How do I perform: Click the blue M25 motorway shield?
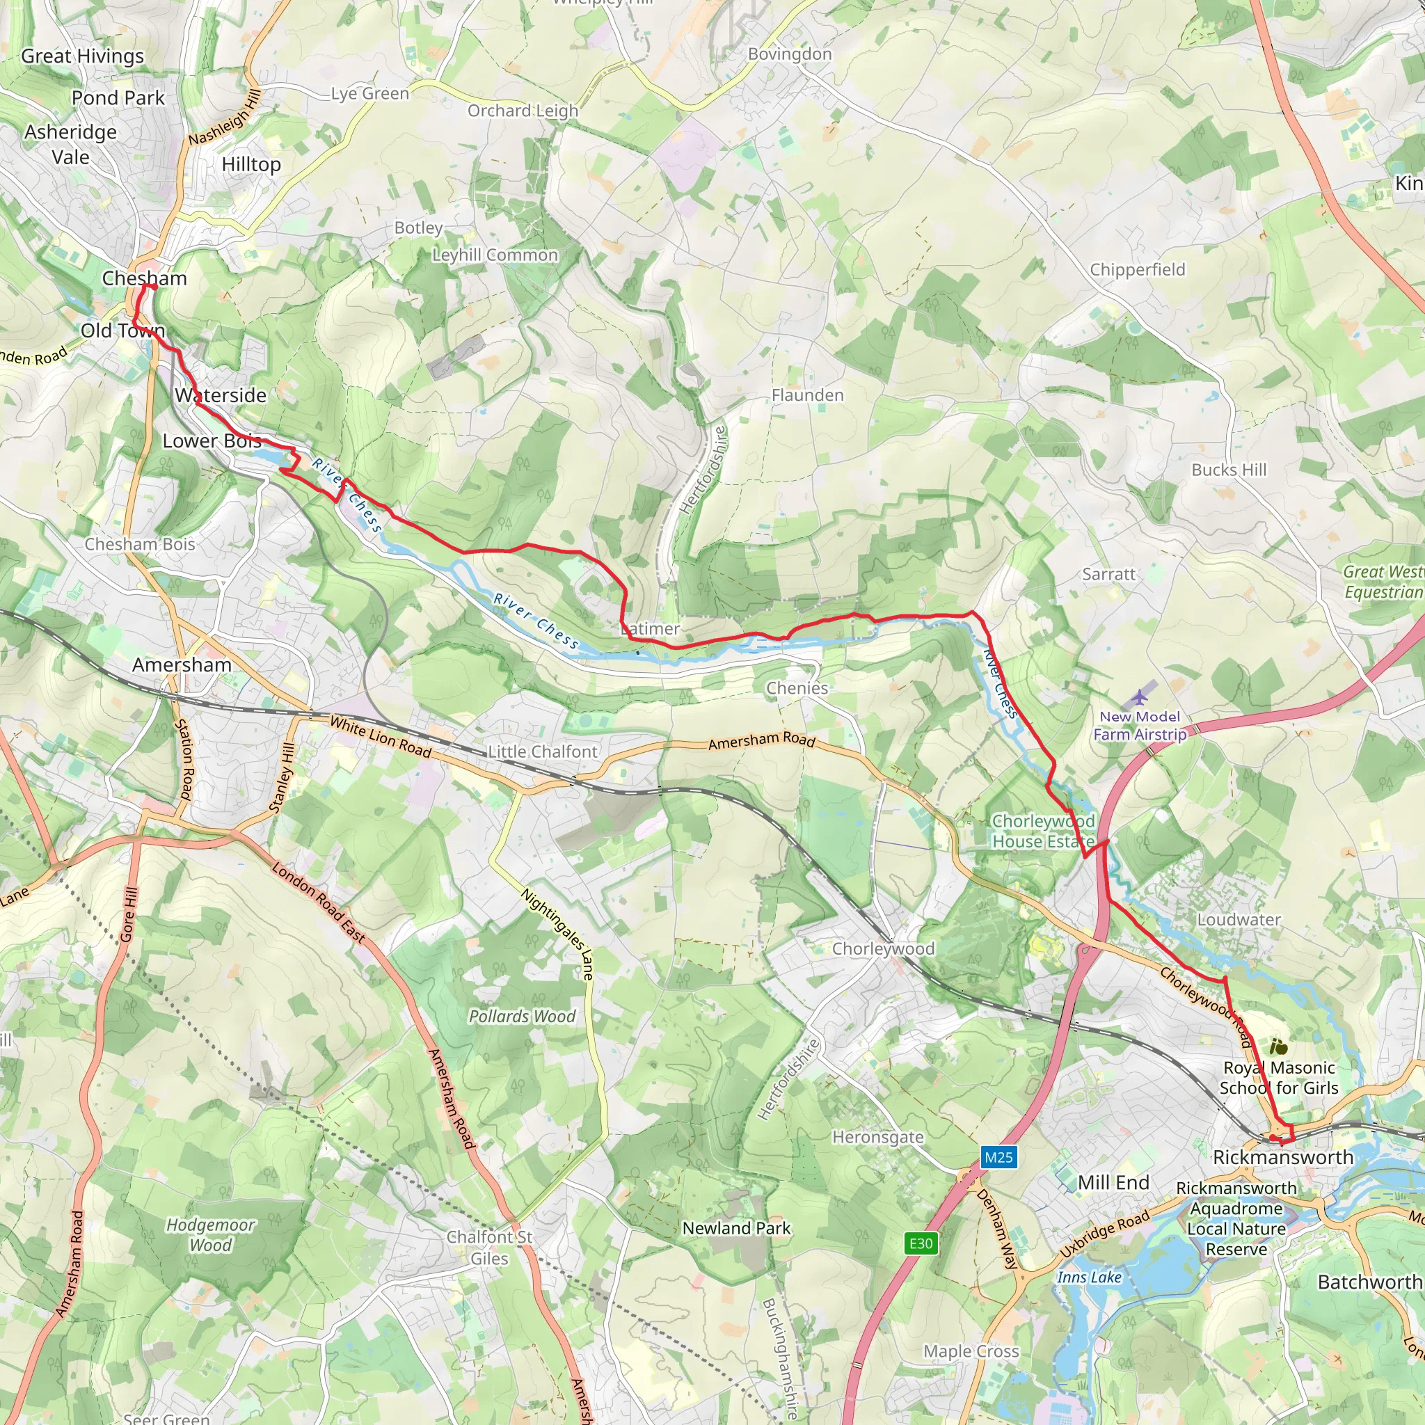[998, 1157]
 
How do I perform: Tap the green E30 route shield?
[921, 1243]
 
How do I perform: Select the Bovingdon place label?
[789, 54]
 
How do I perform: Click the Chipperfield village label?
[1138, 269]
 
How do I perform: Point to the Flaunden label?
[808, 395]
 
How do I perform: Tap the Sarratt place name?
[1108, 574]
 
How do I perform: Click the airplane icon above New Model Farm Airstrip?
[1140, 696]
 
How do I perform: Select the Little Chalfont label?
[543, 751]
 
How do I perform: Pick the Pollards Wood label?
[523, 1017]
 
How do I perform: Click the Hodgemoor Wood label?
[210, 1235]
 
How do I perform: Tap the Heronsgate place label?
[877, 1137]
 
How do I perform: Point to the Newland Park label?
[736, 1228]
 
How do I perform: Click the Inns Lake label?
[1089, 1277]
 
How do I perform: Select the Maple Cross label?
[971, 1351]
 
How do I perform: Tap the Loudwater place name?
[1239, 920]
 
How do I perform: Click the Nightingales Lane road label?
[557, 934]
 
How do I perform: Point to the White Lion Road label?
[380, 737]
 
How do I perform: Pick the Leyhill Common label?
[495, 255]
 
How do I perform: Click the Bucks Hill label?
[1229, 470]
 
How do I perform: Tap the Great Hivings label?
[83, 56]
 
